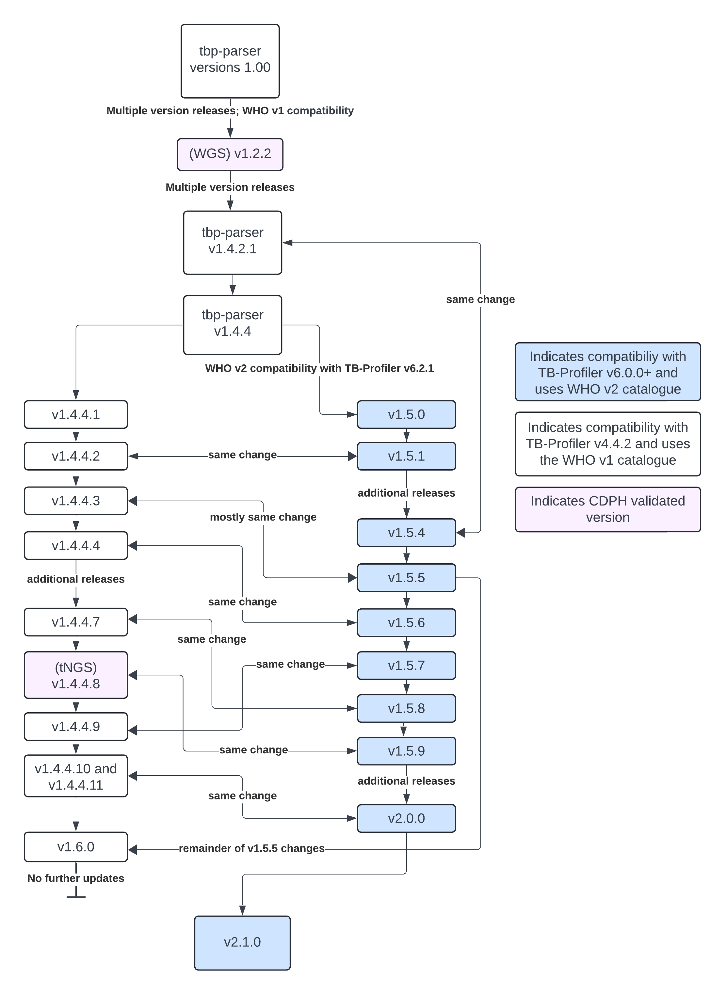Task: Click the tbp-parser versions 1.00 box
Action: pyautogui.click(x=230, y=61)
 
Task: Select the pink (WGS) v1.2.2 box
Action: pyautogui.click(x=230, y=154)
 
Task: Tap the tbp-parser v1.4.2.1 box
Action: pyautogui.click(x=232, y=243)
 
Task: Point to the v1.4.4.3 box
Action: pyautogui.click(x=76, y=501)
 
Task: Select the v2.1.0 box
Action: pyautogui.click(x=242, y=942)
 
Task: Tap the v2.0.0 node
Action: pyautogui.click(x=406, y=818)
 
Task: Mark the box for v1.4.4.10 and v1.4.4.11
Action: pyautogui.click(x=76, y=776)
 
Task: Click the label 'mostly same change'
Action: pyautogui.click(x=263, y=517)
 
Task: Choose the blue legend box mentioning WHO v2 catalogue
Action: pyautogui.click(x=607, y=372)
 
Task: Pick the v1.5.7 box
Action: pyautogui.click(x=406, y=665)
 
